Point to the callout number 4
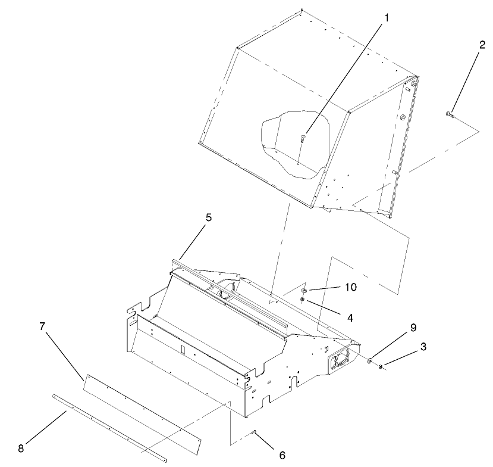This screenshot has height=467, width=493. tap(350, 317)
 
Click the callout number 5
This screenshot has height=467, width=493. tap(209, 218)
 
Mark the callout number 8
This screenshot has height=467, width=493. tap(21, 449)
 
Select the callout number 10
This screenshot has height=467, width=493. tap(350, 287)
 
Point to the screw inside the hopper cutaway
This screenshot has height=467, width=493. tap(303, 138)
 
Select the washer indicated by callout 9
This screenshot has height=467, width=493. tap(370, 360)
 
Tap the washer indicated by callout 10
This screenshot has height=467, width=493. tap(303, 290)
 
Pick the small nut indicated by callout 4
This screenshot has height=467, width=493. tap(302, 299)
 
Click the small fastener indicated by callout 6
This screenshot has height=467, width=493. tap(255, 432)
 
